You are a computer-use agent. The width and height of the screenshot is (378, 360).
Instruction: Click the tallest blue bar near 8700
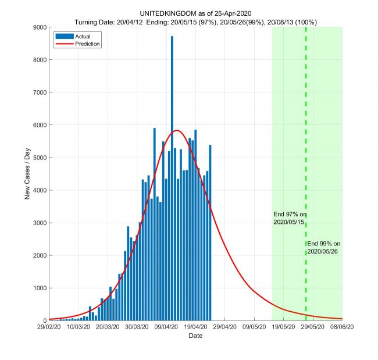(x=172, y=174)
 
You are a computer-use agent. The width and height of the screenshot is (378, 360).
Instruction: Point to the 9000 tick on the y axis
(x=39, y=27)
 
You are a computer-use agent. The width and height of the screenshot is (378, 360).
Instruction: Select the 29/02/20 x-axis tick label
(x=48, y=327)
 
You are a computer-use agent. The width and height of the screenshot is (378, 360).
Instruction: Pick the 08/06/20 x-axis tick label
(x=342, y=327)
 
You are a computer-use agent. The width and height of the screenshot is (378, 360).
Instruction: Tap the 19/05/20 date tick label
(x=283, y=327)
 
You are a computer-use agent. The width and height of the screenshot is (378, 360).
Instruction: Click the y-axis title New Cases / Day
(x=27, y=173)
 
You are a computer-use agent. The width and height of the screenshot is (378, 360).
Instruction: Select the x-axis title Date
(x=195, y=336)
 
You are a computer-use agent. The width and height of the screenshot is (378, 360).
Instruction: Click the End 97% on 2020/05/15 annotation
(x=290, y=218)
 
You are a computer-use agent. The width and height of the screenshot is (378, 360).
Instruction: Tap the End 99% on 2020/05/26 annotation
(x=323, y=247)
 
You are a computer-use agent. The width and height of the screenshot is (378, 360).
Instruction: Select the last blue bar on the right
(x=210, y=233)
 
